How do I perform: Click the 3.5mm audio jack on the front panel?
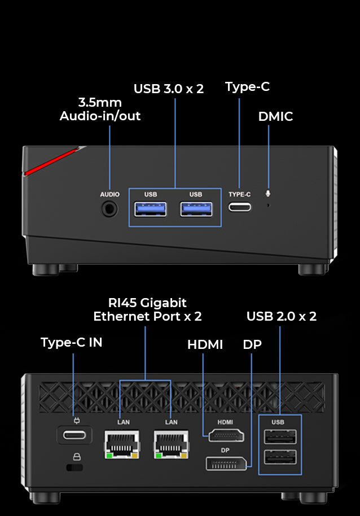pyautogui.click(x=109, y=209)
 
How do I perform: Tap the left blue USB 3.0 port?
pyautogui.click(x=151, y=209)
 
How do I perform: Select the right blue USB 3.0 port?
pyautogui.click(x=196, y=209)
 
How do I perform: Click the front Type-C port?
pyautogui.click(x=240, y=206)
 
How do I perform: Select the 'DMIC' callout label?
pyautogui.click(x=275, y=117)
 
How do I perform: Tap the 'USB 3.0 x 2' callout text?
pyautogui.click(x=168, y=89)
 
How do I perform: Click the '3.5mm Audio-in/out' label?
pyautogui.click(x=100, y=110)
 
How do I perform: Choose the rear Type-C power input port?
pyautogui.click(x=73, y=435)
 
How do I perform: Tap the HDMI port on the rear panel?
pyautogui.click(x=226, y=435)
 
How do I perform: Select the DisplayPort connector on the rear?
pyautogui.click(x=226, y=463)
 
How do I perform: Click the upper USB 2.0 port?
pyautogui.click(x=279, y=438)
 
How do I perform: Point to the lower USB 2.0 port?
pyautogui.click(x=279, y=457)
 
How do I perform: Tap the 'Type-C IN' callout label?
pyautogui.click(x=71, y=342)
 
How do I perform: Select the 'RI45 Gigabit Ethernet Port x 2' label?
pyautogui.click(x=147, y=310)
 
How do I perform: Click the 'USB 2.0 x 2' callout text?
pyautogui.click(x=281, y=316)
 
